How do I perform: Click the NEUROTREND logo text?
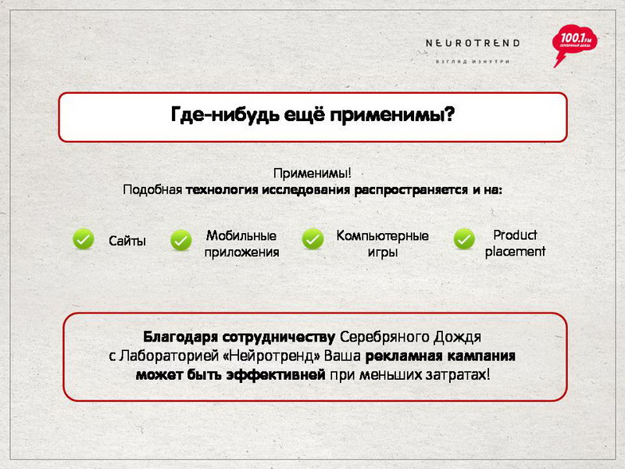click(x=473, y=43)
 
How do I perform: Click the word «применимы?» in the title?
click(x=392, y=115)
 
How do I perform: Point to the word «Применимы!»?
click(x=312, y=173)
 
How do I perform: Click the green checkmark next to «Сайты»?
click(x=84, y=239)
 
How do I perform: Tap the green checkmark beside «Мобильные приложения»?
click(x=181, y=240)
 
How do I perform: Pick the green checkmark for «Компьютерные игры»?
click(x=313, y=239)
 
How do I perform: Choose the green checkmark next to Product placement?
click(x=464, y=239)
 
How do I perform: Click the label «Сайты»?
click(x=127, y=241)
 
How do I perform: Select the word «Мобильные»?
click(x=241, y=235)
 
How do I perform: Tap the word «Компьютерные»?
click(x=383, y=235)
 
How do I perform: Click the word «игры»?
click(x=383, y=252)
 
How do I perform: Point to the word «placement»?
click(x=515, y=252)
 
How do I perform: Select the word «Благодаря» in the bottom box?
click(x=180, y=337)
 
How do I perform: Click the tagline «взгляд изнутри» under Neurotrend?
click(x=473, y=62)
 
